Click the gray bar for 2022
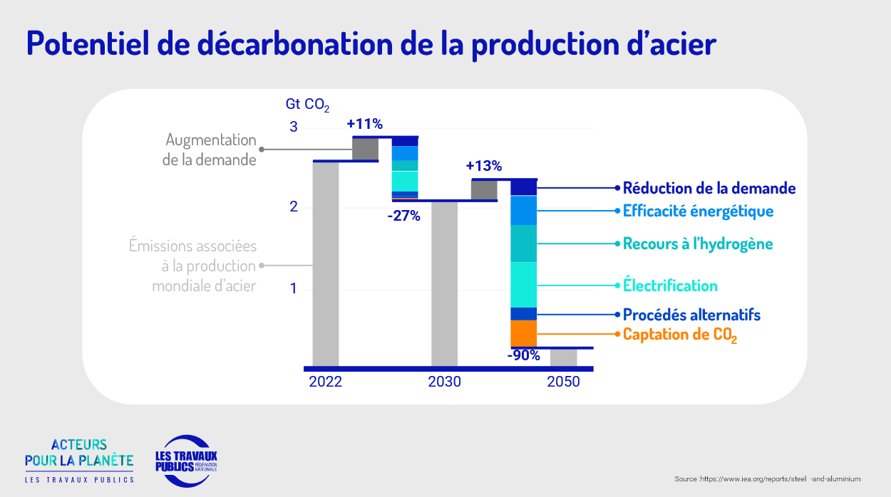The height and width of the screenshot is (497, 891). (x=326, y=263)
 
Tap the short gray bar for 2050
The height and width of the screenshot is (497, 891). (x=563, y=357)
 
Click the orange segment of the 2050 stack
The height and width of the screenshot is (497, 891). (x=524, y=333)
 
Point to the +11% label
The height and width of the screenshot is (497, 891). (x=365, y=124)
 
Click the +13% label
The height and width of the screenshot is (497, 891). (x=484, y=167)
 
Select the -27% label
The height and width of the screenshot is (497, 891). (x=404, y=216)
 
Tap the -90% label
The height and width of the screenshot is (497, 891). (x=524, y=356)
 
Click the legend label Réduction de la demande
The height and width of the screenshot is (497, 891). (x=709, y=189)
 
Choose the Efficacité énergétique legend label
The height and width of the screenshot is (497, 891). (x=698, y=211)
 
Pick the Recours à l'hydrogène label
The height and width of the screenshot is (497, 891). (x=698, y=244)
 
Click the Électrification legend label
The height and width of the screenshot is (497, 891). (x=670, y=286)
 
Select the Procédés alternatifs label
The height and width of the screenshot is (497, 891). (x=691, y=315)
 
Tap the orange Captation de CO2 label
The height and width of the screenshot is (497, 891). (x=679, y=335)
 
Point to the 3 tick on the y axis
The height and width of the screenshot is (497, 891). (x=293, y=127)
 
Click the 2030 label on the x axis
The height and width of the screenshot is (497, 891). (x=444, y=382)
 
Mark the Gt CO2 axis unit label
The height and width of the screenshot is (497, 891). (x=307, y=105)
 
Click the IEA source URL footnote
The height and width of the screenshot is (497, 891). (x=768, y=478)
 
